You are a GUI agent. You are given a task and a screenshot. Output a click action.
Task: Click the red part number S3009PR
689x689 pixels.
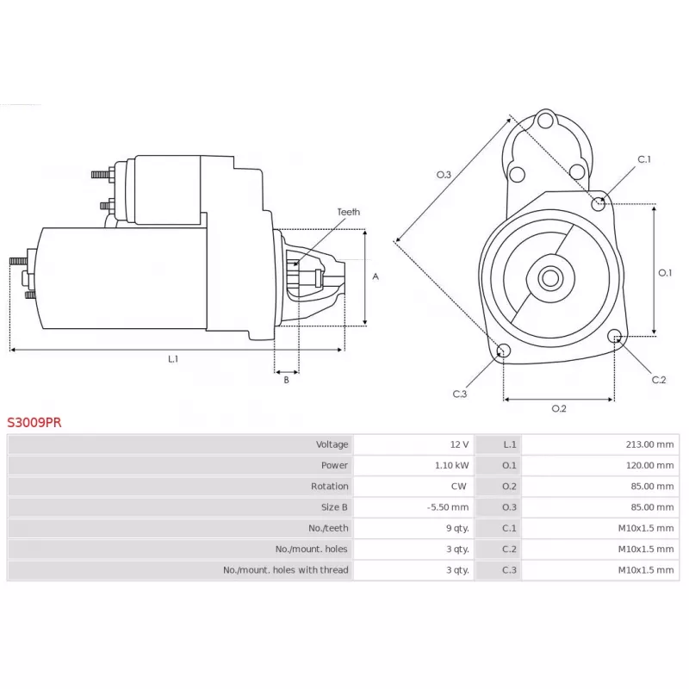tap(34, 422)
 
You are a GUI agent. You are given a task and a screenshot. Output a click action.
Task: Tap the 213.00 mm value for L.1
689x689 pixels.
tap(649, 444)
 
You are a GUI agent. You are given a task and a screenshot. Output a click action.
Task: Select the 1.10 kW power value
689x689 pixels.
tap(451, 465)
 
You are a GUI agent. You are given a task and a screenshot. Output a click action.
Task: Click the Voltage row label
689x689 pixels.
tap(332, 444)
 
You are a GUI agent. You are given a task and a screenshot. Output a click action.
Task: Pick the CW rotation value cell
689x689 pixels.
tap(458, 487)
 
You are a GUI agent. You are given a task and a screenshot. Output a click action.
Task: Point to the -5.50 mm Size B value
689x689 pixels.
tap(448, 507)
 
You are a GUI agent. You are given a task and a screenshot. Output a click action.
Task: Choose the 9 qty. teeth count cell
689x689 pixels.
tap(457, 528)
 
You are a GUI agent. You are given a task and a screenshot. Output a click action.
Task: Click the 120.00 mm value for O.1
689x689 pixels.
tap(649, 465)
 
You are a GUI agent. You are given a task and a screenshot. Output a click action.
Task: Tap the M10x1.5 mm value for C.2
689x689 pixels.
tap(645, 549)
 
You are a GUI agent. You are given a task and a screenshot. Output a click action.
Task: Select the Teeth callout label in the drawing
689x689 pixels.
tap(349, 212)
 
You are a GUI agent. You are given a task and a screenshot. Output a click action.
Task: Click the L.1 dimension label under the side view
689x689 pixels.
tap(173, 359)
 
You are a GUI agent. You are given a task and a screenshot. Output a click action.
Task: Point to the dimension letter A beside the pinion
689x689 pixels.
tap(376, 276)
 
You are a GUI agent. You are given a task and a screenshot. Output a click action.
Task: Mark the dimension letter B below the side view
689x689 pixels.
tap(286, 380)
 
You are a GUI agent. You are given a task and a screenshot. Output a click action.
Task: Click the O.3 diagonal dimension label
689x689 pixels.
tap(444, 175)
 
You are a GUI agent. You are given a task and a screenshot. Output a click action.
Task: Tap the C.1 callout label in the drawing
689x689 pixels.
tap(644, 159)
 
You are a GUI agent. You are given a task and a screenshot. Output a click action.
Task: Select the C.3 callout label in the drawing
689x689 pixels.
tap(460, 394)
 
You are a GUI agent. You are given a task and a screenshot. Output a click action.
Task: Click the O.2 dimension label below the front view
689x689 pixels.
tap(559, 408)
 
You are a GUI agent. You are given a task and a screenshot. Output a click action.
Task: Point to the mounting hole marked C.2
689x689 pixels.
tap(615, 336)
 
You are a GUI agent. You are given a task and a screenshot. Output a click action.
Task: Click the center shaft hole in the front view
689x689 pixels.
tap(550, 278)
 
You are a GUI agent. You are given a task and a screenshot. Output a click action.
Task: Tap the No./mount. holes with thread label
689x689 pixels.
tap(286, 570)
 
